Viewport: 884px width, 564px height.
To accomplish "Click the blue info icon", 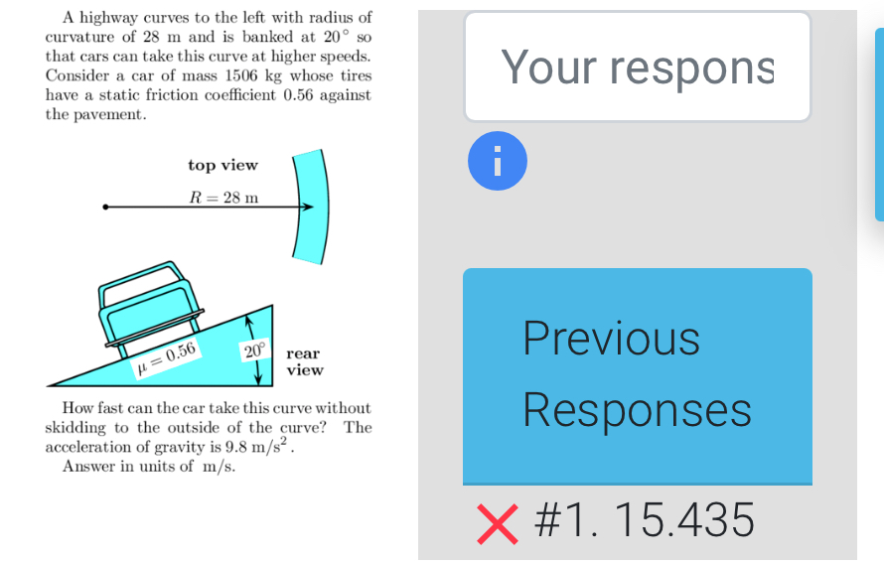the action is tap(498, 161).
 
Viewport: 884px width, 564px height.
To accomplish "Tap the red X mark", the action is tap(498, 524).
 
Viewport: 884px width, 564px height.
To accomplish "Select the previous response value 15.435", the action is tap(684, 520).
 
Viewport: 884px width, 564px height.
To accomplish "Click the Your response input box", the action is tap(637, 67).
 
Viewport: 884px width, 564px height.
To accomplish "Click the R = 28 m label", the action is tap(223, 198).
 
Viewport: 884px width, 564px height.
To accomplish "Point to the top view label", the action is tap(222, 165).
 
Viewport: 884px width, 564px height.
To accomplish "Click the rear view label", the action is tap(305, 361).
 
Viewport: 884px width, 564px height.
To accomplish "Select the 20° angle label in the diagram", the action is tap(254, 352).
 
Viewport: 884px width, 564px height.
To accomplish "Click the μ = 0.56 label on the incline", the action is tap(166, 358).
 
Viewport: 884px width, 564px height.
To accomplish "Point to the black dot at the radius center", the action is tap(105, 207).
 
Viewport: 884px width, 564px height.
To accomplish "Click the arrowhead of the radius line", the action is tap(308, 207).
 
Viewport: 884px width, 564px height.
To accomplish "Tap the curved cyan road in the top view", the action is tap(311, 207).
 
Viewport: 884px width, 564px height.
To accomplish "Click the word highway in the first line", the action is tap(109, 18).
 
